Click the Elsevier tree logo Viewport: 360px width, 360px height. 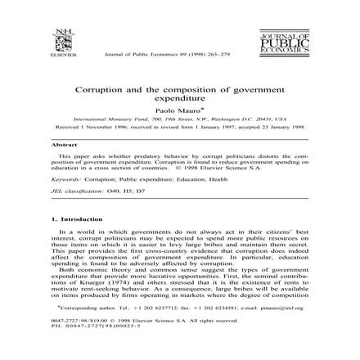59,40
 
